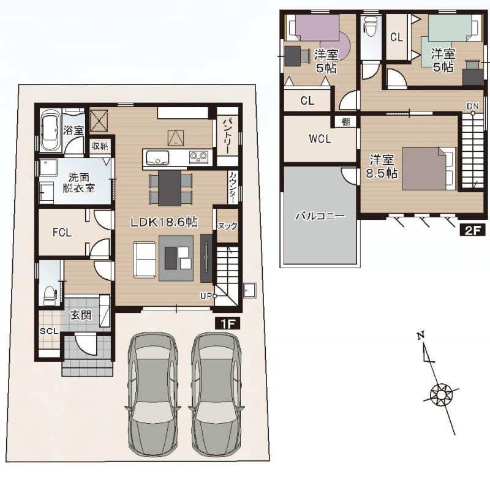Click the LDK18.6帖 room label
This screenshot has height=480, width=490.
pos(164,222)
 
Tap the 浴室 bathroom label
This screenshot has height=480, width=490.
pos(73,130)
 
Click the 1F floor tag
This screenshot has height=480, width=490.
pos(228,323)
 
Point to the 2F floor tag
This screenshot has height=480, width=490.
pos(472,230)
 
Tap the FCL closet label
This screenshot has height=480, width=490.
pos(62,233)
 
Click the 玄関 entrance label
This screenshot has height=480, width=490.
pos(81,315)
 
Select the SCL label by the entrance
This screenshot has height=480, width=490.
pos(49,331)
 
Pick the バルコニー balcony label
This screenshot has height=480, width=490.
pos(320,216)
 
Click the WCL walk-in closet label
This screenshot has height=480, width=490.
pos(320,138)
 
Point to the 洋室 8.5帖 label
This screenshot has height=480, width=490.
pos(382,166)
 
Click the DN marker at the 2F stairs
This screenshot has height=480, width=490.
pos(472,106)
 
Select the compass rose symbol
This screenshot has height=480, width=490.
pos(441,396)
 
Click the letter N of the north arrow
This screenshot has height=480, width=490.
pos(421,336)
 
